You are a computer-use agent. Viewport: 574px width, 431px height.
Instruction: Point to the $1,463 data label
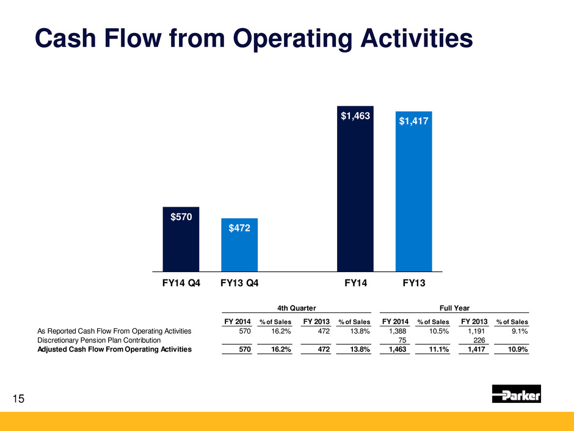tap(355, 116)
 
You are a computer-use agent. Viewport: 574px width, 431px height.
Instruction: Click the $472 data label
tap(239, 228)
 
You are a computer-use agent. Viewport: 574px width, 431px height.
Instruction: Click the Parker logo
tap(516, 394)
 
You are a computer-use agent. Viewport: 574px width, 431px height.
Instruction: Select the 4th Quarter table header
tap(296, 309)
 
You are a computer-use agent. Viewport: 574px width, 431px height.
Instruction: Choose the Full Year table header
tap(455, 309)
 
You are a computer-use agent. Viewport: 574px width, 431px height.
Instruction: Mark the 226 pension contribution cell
tap(479, 340)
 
